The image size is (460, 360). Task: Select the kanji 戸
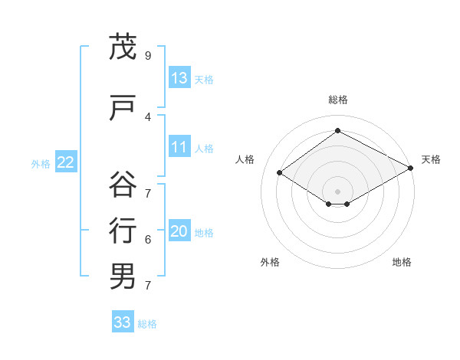(123, 108)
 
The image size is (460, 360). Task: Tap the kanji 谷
(123, 185)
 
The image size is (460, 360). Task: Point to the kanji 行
(123, 231)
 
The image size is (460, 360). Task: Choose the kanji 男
(123, 277)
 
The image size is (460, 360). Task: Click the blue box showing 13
(179, 78)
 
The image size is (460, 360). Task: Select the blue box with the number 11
(179, 147)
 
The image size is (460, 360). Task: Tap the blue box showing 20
(179, 232)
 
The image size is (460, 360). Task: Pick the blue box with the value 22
(66, 162)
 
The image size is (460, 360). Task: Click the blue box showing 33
(123, 322)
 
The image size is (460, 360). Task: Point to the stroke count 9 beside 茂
(147, 56)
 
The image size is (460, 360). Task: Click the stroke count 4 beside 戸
(147, 116)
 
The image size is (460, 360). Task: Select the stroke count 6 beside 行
(147, 240)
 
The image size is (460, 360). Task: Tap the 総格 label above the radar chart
(337, 100)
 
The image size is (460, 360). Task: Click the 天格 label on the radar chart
(431, 159)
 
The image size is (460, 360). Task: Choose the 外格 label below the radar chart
(270, 262)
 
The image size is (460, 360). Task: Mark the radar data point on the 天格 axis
(412, 169)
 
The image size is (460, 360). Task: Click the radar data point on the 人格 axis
(280, 173)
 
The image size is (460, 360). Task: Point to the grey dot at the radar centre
(337, 190)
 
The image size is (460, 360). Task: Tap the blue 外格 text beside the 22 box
(41, 163)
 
